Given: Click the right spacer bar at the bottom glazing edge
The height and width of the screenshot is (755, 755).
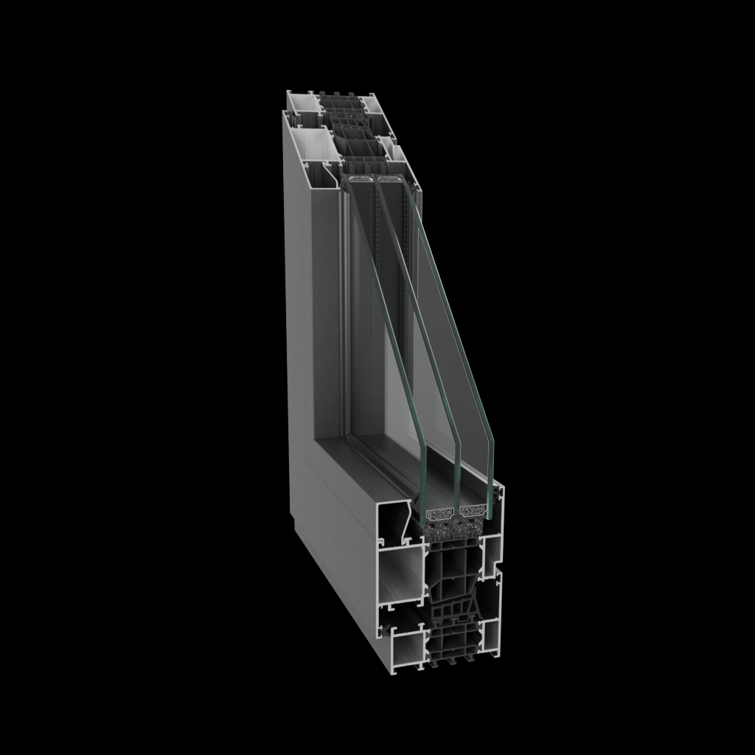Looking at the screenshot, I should (x=473, y=509).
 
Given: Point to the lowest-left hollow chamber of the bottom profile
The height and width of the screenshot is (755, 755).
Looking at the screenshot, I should (x=403, y=648).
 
